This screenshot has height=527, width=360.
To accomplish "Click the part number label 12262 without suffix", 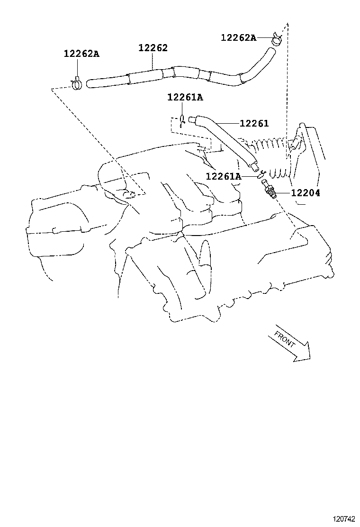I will [x=153, y=48].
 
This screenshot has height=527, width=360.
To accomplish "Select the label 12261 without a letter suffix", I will [x=254, y=124].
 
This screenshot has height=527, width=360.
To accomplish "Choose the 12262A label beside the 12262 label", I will [x=81, y=54].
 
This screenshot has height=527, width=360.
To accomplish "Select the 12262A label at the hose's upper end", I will [x=238, y=37].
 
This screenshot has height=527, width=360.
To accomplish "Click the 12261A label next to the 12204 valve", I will [x=224, y=176].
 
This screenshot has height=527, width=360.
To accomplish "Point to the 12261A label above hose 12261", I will [x=185, y=98].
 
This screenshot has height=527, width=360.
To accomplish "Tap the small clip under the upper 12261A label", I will [x=182, y=122].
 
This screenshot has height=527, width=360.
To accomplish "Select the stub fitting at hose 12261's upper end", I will [x=193, y=119].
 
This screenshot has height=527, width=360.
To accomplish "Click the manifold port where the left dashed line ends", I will [x=133, y=194].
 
